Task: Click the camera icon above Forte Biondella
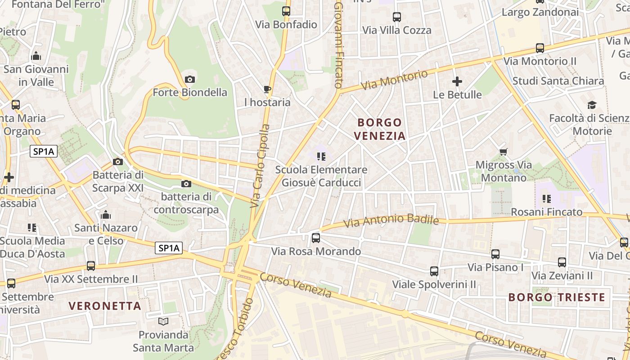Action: click(190, 80)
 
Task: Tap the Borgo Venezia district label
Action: click(379, 129)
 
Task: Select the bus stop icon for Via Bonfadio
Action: click(286, 11)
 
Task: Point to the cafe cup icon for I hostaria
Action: click(267, 89)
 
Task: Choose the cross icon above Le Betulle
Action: click(457, 81)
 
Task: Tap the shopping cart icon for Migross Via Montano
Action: click(504, 152)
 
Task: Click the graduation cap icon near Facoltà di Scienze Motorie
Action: click(592, 105)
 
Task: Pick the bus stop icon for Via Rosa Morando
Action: click(316, 238)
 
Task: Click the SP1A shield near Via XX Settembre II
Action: click(169, 248)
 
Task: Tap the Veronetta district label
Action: click(105, 306)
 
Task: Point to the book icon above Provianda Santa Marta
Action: click(163, 321)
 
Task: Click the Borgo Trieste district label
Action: click(557, 297)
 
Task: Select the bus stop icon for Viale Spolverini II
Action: click(434, 271)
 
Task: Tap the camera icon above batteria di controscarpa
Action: click(186, 184)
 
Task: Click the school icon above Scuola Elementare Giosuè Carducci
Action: click(321, 157)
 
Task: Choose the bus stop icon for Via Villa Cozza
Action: click(396, 17)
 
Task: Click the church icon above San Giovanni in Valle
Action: click(36, 56)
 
